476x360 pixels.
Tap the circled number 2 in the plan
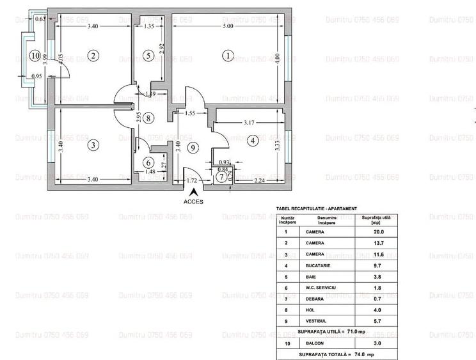coord(93,56)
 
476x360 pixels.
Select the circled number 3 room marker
coord(93,145)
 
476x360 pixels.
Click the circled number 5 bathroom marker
coord(148,56)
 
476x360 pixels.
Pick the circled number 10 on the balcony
coord(34,56)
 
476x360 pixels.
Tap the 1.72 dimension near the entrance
coord(191,180)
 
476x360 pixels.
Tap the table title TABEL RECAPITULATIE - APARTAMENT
coord(316,208)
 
